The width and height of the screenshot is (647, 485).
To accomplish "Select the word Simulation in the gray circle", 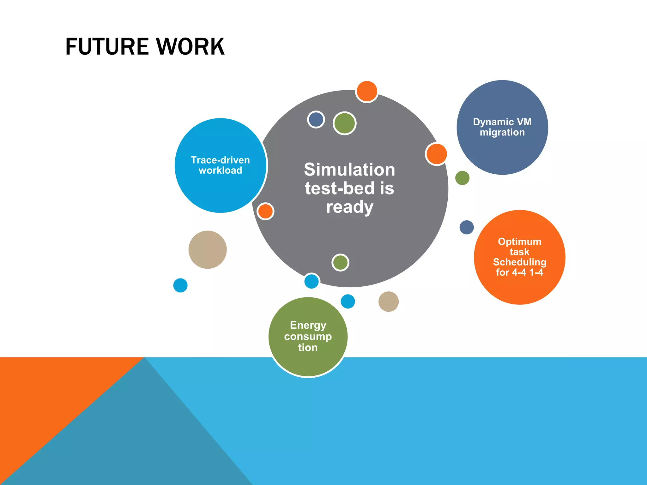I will (349, 170).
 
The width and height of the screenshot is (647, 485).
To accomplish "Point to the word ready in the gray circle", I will (350, 207).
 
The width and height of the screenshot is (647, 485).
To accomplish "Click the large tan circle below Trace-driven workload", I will (208, 250).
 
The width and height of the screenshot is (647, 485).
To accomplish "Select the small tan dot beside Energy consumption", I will (389, 302).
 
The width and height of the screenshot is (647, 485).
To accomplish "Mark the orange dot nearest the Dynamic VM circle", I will (436, 154).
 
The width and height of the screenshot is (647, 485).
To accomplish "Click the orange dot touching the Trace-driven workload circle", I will (265, 211).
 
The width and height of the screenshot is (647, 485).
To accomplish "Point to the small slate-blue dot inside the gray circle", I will (316, 120).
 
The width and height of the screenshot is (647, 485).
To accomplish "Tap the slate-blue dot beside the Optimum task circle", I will (467, 227).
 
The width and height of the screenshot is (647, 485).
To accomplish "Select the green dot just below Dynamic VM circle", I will (462, 178).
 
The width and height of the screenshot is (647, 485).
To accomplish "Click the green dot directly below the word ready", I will (340, 262).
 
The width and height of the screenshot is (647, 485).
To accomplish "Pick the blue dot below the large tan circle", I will (180, 285).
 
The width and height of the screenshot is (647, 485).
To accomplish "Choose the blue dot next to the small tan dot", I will (348, 301).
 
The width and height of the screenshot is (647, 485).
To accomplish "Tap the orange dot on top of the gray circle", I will (366, 92).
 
